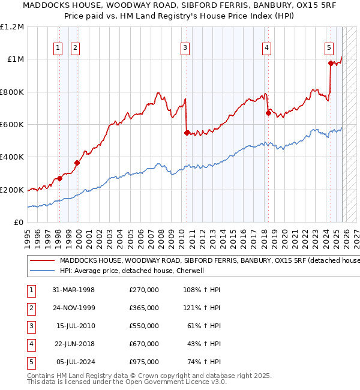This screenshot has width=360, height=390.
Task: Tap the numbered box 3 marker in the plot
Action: [186, 49]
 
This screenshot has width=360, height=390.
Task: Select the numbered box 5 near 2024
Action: [329, 49]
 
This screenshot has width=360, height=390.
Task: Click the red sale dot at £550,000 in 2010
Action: [187, 133]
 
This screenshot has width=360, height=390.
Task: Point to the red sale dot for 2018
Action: [268, 113]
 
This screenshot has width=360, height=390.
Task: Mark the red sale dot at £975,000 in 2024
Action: [331, 63]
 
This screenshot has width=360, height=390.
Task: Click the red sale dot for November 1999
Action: [77, 163]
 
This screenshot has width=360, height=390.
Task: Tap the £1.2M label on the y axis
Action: [12, 27]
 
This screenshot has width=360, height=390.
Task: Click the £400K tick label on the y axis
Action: [12, 157]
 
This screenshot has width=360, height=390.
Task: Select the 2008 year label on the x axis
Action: [161, 235]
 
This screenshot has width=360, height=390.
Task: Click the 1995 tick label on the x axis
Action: [28, 235]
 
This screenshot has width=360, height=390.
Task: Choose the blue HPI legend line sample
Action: [42, 271]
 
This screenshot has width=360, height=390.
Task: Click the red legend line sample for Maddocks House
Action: [42, 260]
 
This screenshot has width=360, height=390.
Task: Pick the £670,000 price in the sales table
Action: [144, 344]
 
